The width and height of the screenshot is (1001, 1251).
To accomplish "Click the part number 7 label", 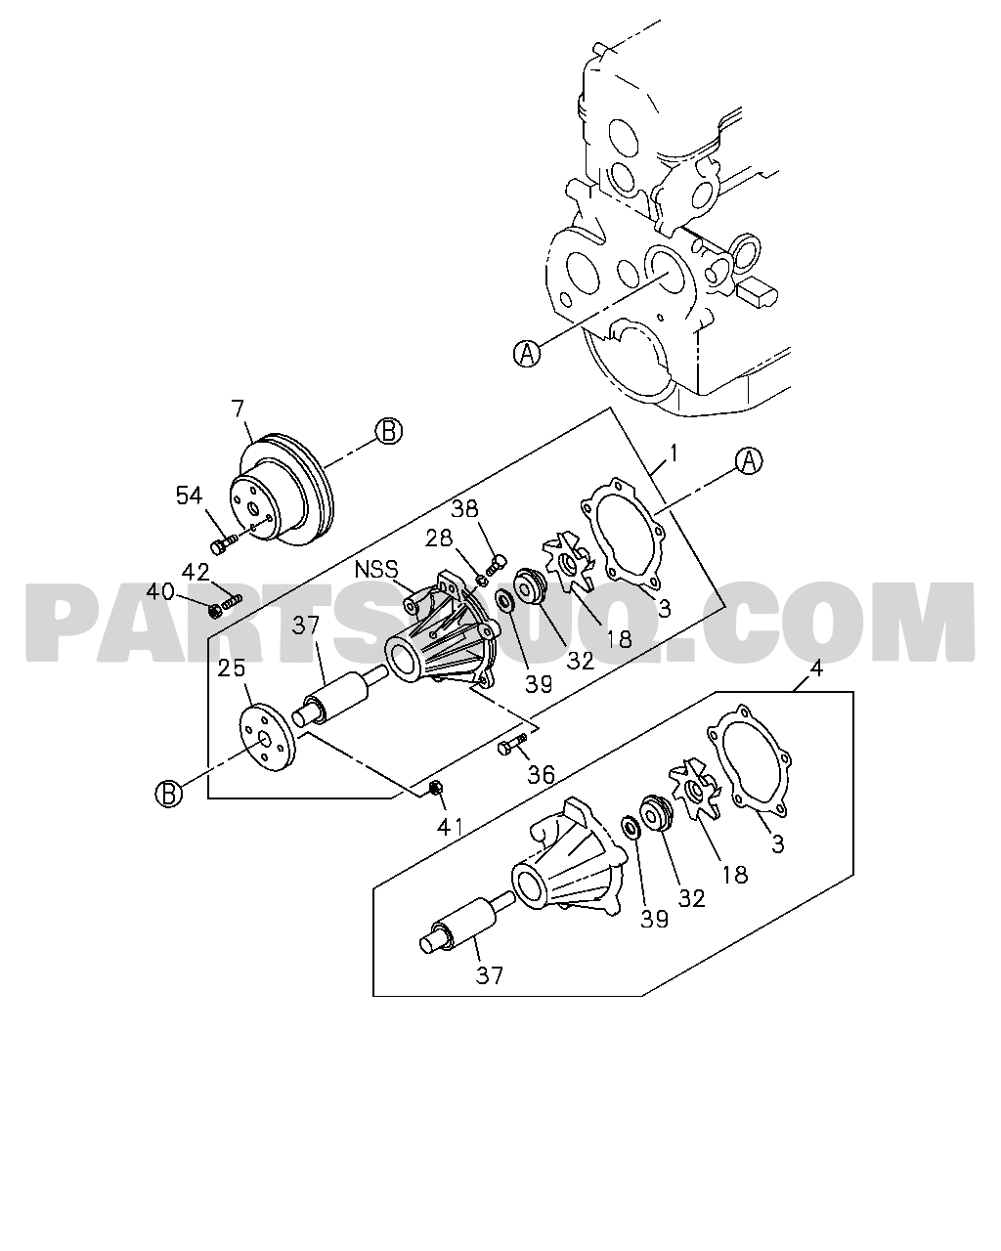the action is tap(238, 410).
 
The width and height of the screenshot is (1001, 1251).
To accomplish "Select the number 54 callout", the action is tap(190, 496).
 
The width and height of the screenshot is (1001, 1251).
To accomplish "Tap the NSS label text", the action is tap(375, 570).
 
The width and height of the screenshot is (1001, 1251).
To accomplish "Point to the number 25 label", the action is tap(232, 669).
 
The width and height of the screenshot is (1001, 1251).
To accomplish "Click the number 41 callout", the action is tap(450, 826).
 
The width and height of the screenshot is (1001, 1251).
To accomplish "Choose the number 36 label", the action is tap(541, 774).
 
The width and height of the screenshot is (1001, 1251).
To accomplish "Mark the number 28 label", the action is tap(439, 539).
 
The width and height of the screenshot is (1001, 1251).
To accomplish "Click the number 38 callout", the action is tap(465, 509).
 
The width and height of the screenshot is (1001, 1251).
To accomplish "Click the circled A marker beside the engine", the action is tap(527, 353).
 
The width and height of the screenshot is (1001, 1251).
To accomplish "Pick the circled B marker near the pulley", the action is tap(388, 431).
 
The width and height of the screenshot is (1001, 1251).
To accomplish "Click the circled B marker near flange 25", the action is tap(169, 793).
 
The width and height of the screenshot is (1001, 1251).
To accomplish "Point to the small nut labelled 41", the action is tap(434, 788).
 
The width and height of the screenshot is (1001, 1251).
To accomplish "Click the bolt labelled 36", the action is tap(512, 745).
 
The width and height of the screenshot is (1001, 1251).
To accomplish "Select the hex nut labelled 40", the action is tap(215, 611).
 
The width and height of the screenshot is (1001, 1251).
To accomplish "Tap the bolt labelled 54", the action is tap(223, 544).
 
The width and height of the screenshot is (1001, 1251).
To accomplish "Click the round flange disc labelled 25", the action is tap(268, 737).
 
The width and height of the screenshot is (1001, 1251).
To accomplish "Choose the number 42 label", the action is tap(196, 572).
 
